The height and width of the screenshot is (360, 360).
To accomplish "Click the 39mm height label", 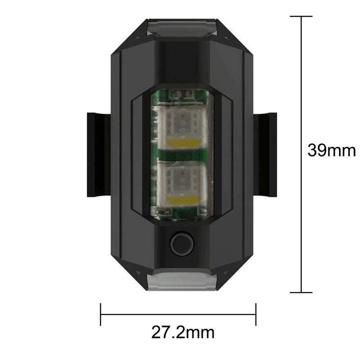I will click(x=331, y=150).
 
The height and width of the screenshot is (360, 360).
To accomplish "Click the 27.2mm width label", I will click(x=183, y=333).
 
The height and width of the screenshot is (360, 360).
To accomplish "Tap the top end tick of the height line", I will click(x=301, y=17).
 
